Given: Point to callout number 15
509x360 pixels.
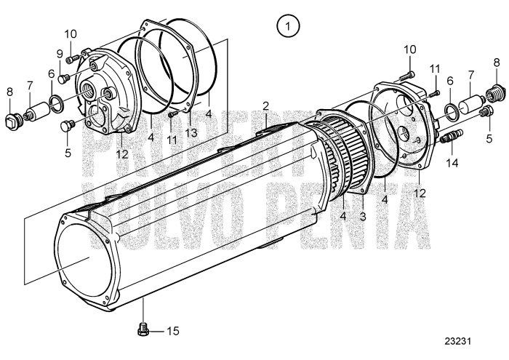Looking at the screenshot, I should click(x=172, y=331).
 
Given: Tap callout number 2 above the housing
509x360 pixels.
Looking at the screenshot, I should click(x=267, y=106).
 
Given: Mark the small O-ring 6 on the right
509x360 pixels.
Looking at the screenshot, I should click(x=453, y=109).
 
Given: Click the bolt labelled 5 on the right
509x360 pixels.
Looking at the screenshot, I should click(x=486, y=111).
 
